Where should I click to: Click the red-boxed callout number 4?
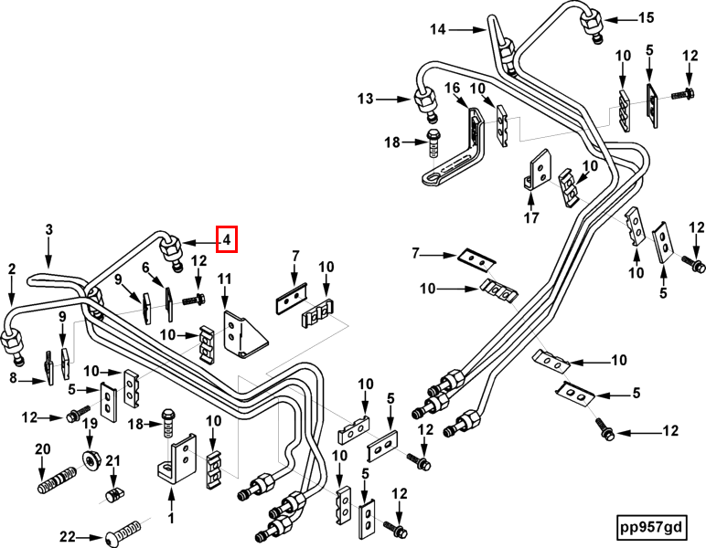[x=227, y=239]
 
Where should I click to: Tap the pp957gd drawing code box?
[x=651, y=527]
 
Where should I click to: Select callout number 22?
[x=69, y=536]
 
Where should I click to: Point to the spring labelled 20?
[x=56, y=479]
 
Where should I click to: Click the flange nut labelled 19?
[x=91, y=459]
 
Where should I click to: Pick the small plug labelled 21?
[x=114, y=494]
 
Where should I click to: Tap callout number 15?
[x=647, y=18]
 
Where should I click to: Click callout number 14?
[x=438, y=29]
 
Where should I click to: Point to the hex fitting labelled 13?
[x=425, y=103]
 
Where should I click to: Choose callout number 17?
[x=531, y=218]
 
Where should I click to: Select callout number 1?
[x=171, y=519]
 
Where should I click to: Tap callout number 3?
[x=48, y=230]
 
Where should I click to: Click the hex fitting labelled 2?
[x=13, y=346]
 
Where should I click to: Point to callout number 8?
[x=13, y=378]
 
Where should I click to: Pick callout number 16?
[x=452, y=88]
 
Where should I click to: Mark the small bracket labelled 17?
[x=538, y=170]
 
